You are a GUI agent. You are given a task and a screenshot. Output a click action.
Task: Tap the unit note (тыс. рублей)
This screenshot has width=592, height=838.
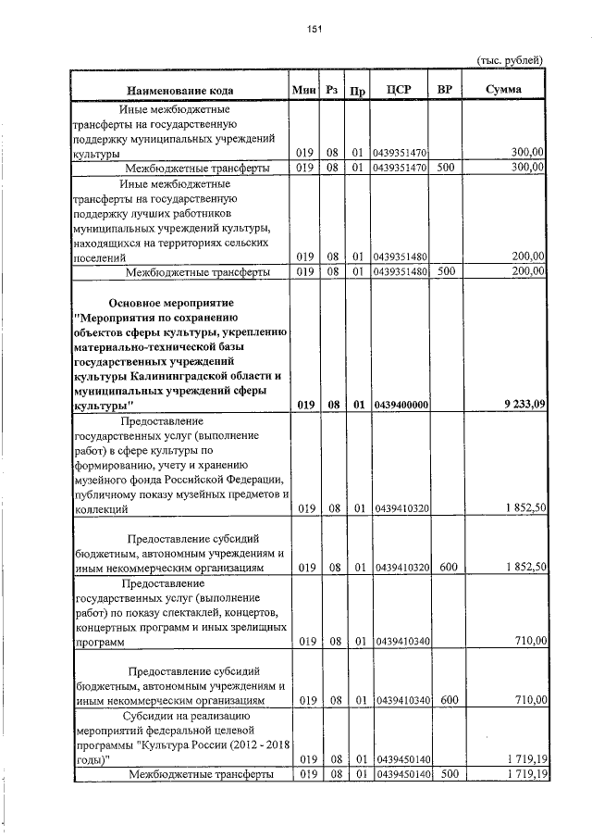[x=510, y=60]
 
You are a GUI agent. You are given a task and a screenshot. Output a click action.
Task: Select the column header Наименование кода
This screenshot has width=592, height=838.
[x=180, y=90]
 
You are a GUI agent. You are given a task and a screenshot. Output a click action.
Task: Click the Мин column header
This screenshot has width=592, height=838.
[x=303, y=89]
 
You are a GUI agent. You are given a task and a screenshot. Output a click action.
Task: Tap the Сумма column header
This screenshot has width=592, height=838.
[x=504, y=89]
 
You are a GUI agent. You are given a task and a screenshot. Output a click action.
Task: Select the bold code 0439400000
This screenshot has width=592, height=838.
[x=401, y=405]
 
